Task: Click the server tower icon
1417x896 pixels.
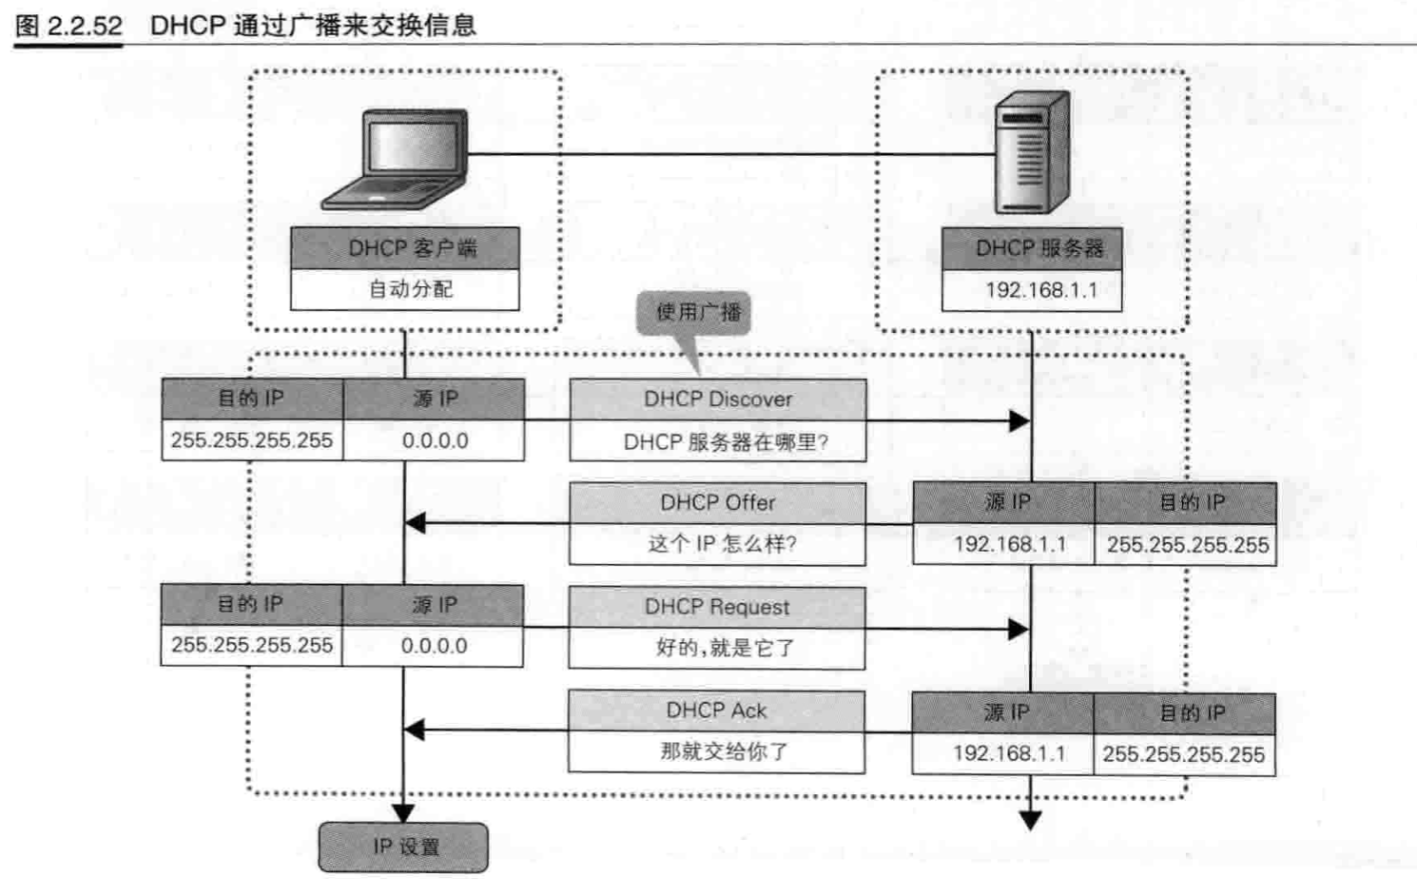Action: click(1031, 152)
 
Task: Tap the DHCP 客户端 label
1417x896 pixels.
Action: click(405, 248)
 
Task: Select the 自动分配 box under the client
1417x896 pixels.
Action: click(405, 289)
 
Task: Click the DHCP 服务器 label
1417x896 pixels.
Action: click(1032, 248)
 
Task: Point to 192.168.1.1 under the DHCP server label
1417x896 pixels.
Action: click(1032, 290)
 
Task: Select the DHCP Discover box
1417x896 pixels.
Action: click(717, 399)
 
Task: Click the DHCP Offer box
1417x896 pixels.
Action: click(717, 503)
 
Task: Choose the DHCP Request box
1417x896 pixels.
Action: click(717, 607)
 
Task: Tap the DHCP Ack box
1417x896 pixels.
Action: click(717, 711)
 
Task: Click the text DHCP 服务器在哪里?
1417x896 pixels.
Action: click(725, 442)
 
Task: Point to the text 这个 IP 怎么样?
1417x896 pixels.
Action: click(723, 544)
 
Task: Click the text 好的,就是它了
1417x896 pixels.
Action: click(725, 649)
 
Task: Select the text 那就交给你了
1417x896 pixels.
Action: click(725, 751)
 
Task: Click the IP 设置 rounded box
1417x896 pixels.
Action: click(403, 847)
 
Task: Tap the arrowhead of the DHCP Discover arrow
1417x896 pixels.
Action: click(1019, 420)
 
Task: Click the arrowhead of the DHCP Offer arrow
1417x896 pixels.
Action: click(415, 523)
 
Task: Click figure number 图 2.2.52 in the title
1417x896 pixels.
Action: click(69, 26)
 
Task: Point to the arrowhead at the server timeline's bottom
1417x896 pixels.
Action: click(1030, 820)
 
